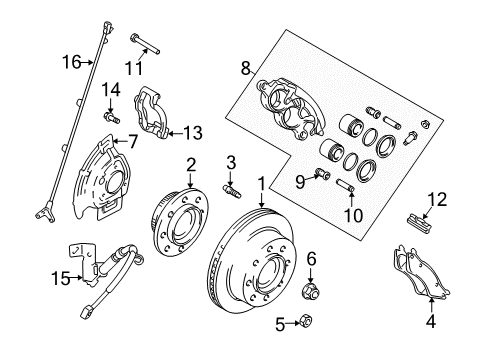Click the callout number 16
(x=68, y=61)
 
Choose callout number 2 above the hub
(x=188, y=165)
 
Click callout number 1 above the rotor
(x=262, y=184)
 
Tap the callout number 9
(x=298, y=180)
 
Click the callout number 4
(x=430, y=322)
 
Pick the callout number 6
(x=311, y=258)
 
